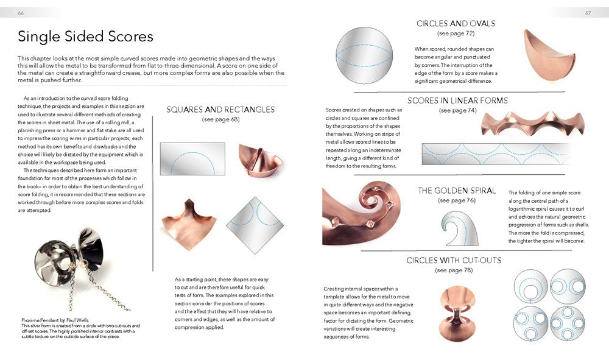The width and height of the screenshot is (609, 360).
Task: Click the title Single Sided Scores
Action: point(85,37)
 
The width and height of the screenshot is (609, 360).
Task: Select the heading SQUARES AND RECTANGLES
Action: point(220,110)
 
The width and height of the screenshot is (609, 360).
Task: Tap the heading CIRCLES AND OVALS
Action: point(456,24)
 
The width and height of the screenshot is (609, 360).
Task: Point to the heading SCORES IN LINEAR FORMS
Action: point(458,101)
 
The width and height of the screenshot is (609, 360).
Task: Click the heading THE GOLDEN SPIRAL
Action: point(457,191)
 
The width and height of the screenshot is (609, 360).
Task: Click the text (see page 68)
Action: point(220,120)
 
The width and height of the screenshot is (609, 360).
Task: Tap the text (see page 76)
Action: point(457,200)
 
